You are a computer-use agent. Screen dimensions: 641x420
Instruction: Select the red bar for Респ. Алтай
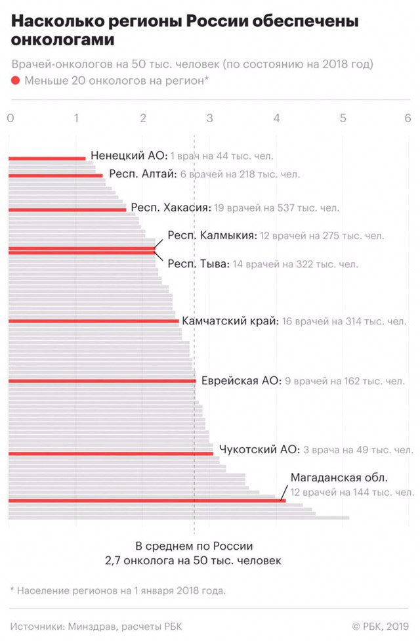tap(56, 175)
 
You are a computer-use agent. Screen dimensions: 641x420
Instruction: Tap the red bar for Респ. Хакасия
tap(68, 210)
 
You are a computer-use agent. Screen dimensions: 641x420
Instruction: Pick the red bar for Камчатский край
tap(94, 322)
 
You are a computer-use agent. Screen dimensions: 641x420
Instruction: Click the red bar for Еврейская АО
tap(102, 381)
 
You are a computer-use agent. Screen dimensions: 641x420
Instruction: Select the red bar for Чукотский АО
tap(111, 453)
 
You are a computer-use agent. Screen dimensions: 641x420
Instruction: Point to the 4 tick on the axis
tap(276, 118)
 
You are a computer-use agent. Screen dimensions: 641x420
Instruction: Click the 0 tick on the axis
tap(10, 118)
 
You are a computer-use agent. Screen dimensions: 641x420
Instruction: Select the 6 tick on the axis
tap(408, 118)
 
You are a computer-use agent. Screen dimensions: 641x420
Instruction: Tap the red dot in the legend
tap(16, 81)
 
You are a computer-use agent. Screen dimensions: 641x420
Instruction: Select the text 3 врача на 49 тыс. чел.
tap(358, 451)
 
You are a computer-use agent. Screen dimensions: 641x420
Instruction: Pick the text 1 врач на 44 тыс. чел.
tap(222, 156)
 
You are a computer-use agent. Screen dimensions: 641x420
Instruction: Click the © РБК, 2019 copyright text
tap(381, 626)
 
